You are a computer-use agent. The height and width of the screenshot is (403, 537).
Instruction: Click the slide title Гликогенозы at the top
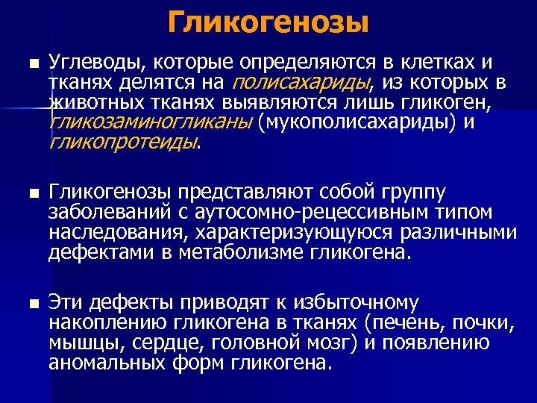click(x=268, y=23)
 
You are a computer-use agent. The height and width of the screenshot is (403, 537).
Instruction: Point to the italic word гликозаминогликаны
click(x=150, y=122)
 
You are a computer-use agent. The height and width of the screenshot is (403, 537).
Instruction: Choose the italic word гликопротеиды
click(x=123, y=141)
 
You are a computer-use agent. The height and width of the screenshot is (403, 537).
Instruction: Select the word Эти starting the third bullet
click(x=68, y=304)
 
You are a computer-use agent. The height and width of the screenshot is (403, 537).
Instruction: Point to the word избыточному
click(x=355, y=304)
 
